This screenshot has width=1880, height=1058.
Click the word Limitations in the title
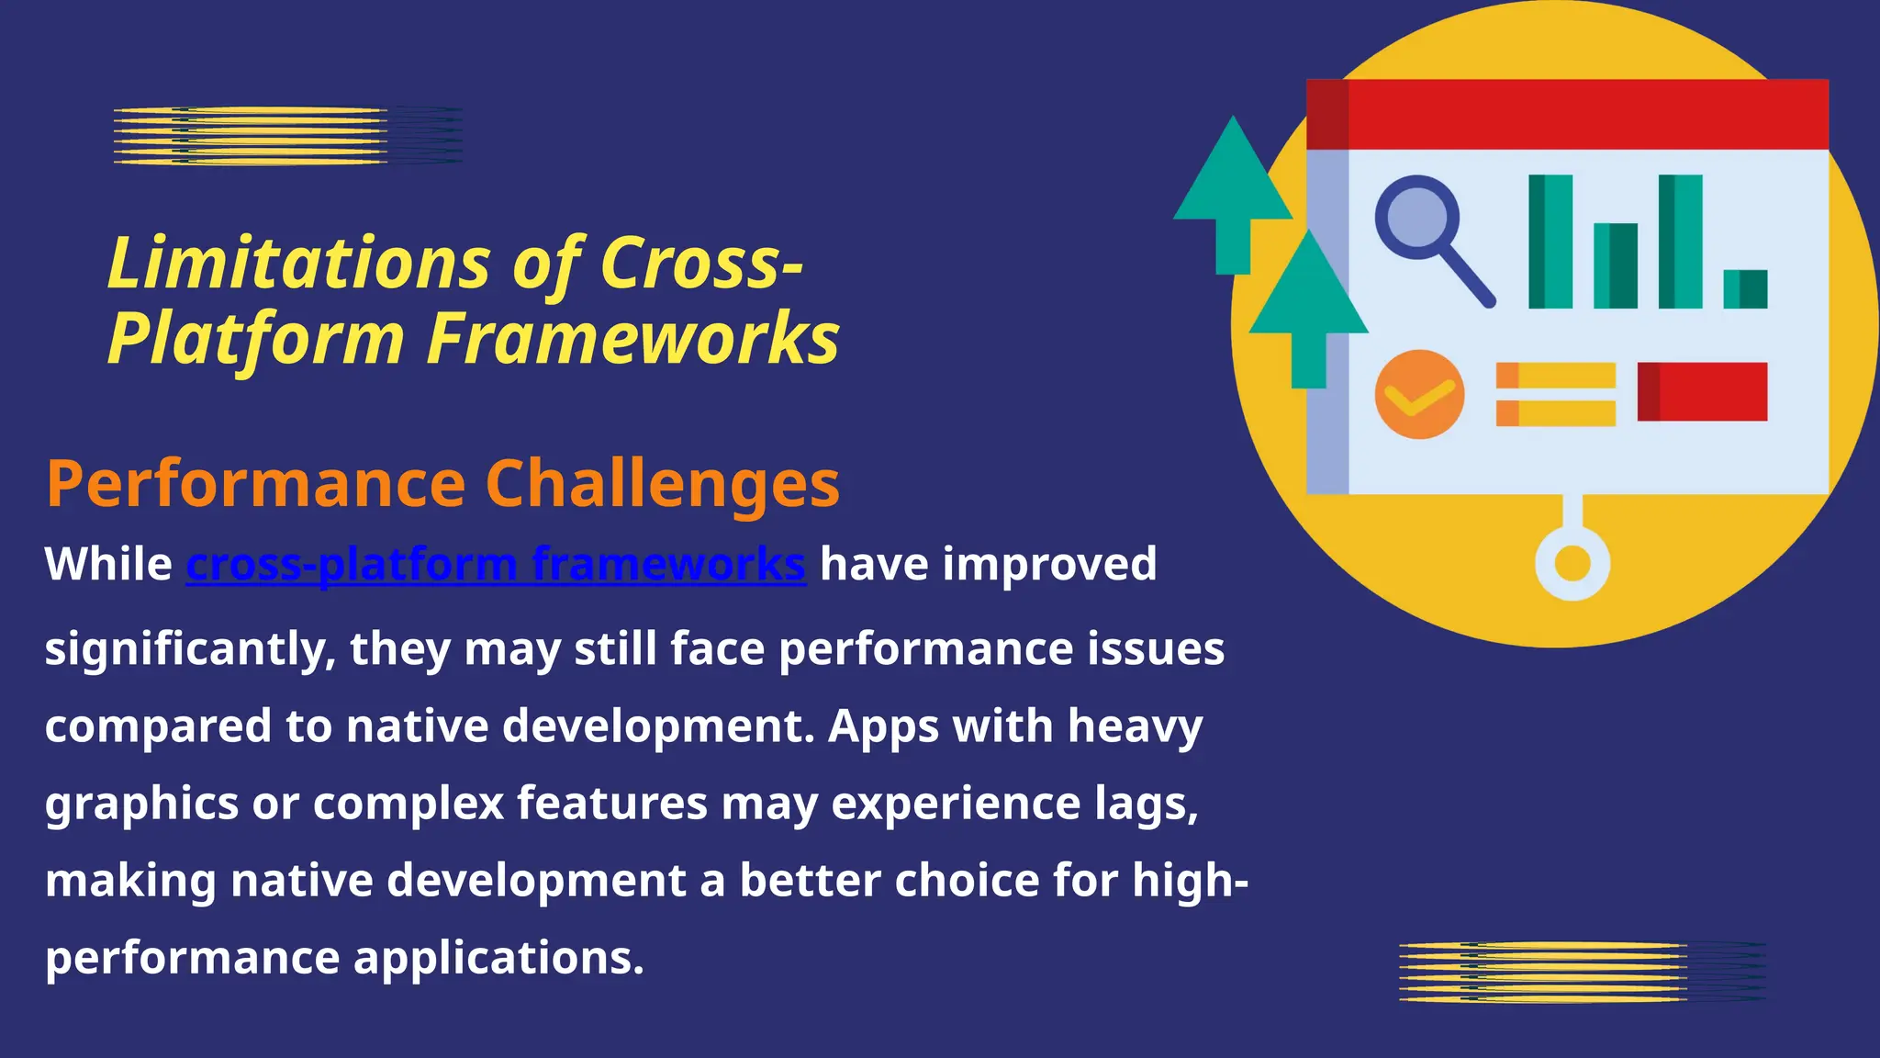pos(299,264)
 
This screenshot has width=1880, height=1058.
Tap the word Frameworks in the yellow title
pos(632,339)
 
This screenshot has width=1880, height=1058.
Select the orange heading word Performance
pos(256,485)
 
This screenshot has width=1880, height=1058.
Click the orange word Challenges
pos(662,485)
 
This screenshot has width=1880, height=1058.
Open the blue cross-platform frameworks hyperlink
pos(496,565)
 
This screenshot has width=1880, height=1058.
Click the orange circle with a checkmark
pos(1419,394)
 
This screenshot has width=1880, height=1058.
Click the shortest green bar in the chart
pos(1745,288)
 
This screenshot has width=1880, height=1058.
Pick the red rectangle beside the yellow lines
pos(1702,392)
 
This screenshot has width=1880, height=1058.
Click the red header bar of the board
pos(1566,115)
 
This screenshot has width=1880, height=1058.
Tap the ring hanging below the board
pos(1572,563)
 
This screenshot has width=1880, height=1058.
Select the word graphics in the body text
pos(141,805)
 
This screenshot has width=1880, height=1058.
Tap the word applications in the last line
pos(498,959)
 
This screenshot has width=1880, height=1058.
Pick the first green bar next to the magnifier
pos(1550,242)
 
